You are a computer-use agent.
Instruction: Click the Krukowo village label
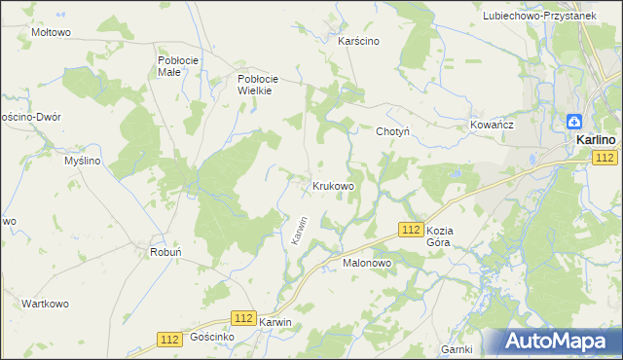[x=333, y=185]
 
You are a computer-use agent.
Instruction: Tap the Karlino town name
[x=594, y=140]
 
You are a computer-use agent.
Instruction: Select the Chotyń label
[x=392, y=130]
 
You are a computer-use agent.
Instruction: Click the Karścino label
[x=357, y=41]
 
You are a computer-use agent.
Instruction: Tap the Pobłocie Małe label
[x=177, y=65]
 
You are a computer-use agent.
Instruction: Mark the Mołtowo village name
[x=52, y=32]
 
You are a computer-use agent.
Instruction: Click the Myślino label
[x=82, y=161]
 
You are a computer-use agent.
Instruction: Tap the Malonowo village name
[x=366, y=263]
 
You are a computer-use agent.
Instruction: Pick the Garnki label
[x=456, y=348]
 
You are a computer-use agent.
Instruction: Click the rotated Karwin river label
[x=299, y=230]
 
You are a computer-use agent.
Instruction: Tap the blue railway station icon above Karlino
[x=575, y=122]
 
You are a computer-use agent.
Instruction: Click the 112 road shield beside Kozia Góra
[x=410, y=229]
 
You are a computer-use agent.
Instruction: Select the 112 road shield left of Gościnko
[x=168, y=338]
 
